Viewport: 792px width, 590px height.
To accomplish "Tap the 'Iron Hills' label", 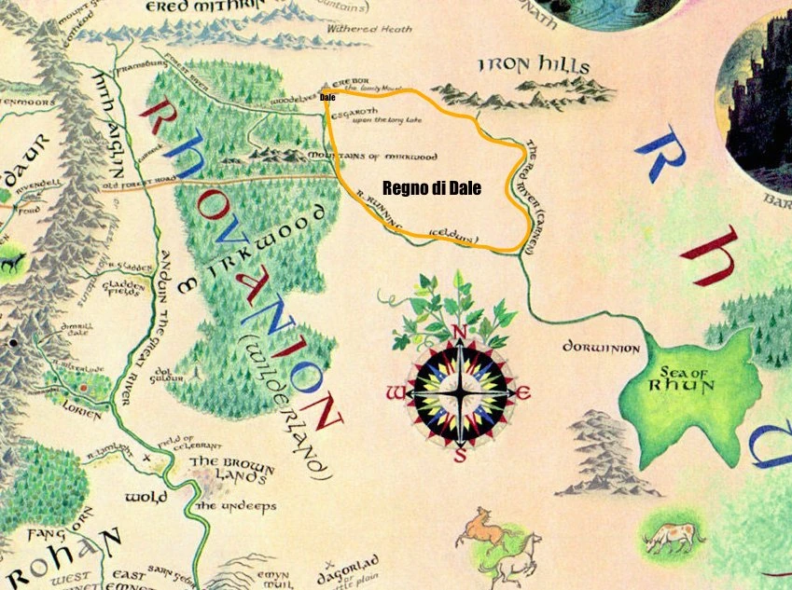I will click(534, 66).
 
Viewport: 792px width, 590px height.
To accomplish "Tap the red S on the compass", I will click(460, 456).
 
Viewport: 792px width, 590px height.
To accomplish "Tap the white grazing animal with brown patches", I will click(668, 535).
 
